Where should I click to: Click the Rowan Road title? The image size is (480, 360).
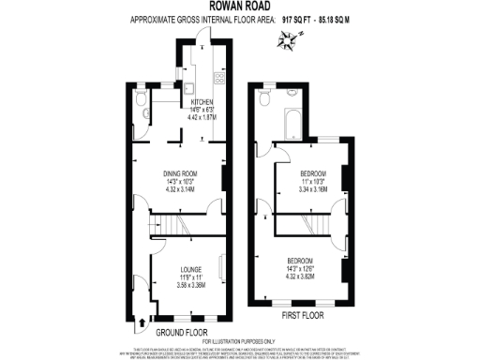click(240, 6)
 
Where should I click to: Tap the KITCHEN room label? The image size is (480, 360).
click(203, 101)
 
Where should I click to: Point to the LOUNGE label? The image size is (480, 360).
click(191, 270)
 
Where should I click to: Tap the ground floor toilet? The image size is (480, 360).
click(140, 110)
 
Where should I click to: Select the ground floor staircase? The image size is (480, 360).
click(169, 226)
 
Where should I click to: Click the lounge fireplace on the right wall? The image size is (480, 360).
click(221, 268)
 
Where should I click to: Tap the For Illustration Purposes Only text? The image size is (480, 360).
click(240, 340)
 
